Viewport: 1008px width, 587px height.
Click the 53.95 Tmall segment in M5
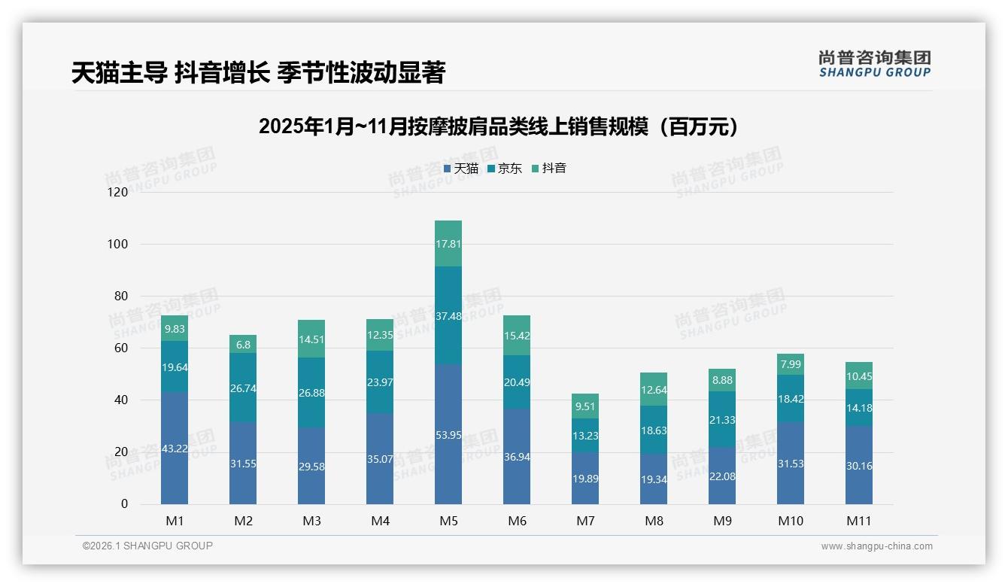(448, 434)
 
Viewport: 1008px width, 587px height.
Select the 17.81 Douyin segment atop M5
(448, 243)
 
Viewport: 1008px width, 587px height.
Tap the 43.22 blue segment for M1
(175, 448)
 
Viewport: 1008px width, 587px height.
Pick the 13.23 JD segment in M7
(585, 435)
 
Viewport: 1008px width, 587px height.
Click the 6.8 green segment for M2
(243, 344)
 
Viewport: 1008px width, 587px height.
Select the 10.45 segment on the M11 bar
(859, 376)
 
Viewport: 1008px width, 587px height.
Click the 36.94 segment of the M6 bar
(517, 456)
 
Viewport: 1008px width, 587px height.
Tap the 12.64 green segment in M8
(654, 389)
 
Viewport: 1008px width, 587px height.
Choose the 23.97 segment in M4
(380, 382)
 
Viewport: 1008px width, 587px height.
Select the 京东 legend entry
(505, 169)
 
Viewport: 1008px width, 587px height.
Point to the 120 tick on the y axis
(118, 193)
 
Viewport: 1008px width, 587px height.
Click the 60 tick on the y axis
(120, 348)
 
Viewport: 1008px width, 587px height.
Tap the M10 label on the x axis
(790, 521)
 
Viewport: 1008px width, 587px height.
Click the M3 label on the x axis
(311, 521)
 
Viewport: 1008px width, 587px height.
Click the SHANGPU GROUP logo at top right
(874, 64)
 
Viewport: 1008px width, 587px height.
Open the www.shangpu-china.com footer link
(876, 546)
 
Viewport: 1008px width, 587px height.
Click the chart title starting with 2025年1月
(498, 126)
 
